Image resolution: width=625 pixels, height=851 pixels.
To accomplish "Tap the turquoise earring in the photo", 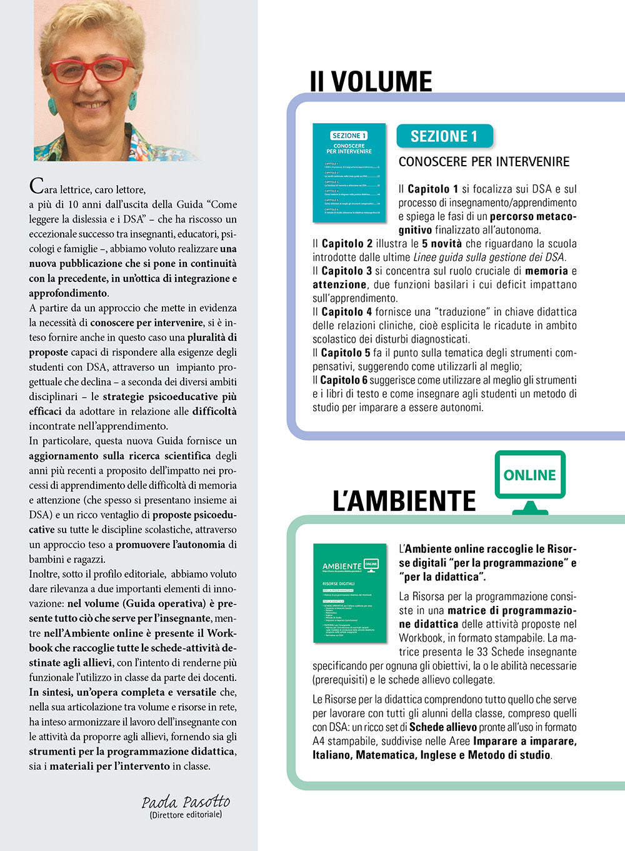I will click(132, 101).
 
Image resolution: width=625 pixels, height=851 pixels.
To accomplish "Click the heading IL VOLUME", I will click(371, 82).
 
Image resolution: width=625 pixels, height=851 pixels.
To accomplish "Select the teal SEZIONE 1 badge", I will click(444, 136).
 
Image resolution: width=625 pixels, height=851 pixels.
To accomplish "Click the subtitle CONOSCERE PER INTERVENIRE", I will click(484, 162).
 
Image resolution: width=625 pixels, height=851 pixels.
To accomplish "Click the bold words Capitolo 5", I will click(346, 353).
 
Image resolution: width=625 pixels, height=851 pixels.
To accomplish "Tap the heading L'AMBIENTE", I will click(404, 501).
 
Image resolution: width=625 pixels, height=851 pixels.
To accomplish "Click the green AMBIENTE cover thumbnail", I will click(349, 593).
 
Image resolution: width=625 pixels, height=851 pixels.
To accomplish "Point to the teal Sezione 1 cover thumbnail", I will click(349, 173).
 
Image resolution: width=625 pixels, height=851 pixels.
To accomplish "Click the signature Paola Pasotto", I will click(186, 802).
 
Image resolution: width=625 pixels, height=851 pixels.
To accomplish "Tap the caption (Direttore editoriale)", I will click(186, 815).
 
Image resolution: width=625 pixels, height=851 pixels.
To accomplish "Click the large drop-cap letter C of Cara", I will click(36, 185).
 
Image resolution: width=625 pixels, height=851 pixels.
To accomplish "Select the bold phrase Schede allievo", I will click(443, 727).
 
